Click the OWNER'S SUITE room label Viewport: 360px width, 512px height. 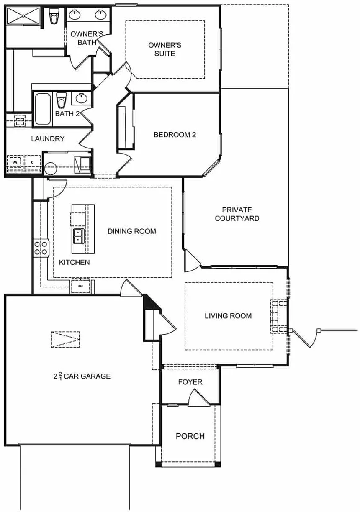point(165,49)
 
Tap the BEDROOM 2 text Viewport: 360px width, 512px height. point(175,135)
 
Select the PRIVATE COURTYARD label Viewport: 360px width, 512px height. point(237,214)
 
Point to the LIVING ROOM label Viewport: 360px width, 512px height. point(228,316)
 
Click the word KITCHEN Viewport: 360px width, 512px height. point(74,263)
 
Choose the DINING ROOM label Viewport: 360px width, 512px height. point(131,231)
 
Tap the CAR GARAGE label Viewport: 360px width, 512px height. point(82,376)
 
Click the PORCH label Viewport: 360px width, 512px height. point(190,436)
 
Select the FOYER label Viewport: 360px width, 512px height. point(190,382)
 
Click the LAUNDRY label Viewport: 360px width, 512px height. point(48,139)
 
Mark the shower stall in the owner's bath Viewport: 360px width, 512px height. point(24,17)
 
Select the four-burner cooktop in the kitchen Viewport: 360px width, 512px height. point(41,247)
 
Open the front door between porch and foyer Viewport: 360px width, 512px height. point(198,399)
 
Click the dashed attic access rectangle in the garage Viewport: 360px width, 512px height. point(65,339)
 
